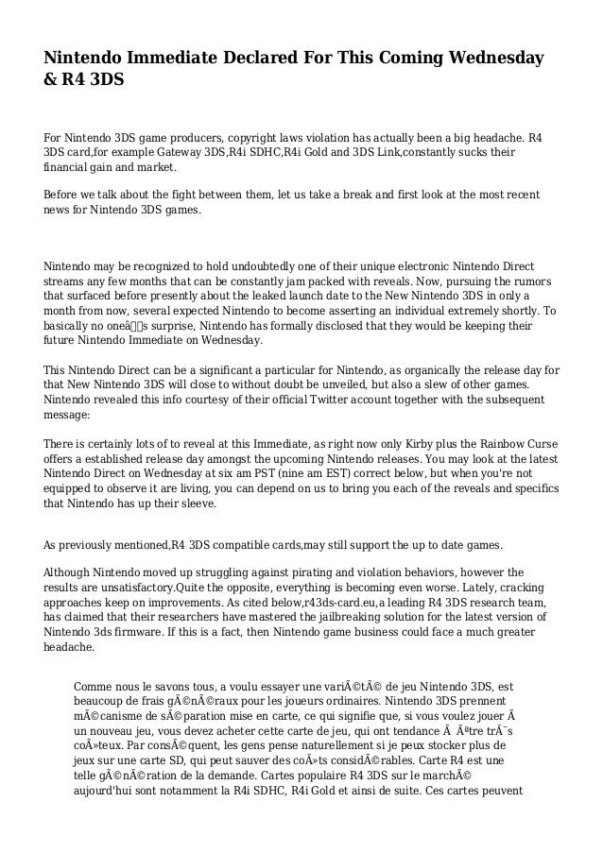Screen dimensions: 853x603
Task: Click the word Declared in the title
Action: click(x=255, y=60)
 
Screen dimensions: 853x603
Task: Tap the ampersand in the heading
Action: click(x=51, y=81)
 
